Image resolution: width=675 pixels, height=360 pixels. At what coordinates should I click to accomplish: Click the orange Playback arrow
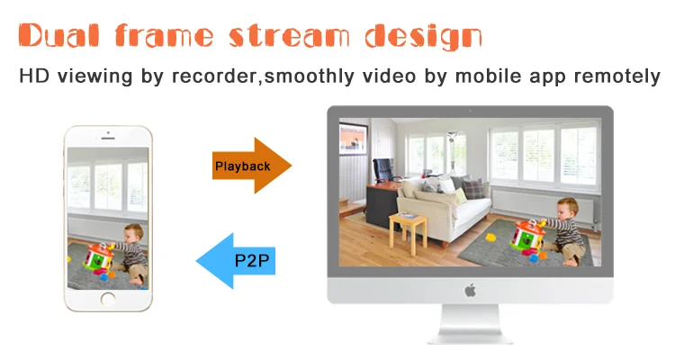[252, 166]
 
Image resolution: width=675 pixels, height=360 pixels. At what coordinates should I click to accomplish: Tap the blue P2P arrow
[236, 261]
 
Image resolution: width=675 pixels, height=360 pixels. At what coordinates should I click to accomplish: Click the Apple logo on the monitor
[470, 290]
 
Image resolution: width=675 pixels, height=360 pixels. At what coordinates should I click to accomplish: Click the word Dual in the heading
[59, 35]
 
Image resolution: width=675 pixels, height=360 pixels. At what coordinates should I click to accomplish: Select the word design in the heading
[423, 37]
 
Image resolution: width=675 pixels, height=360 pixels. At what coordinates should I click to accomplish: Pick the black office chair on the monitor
[386, 170]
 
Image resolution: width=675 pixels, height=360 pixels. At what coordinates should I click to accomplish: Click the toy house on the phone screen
[98, 256]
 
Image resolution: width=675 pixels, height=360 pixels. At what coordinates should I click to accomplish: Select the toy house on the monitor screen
[526, 237]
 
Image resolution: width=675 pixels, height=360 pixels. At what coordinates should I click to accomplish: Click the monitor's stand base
[470, 337]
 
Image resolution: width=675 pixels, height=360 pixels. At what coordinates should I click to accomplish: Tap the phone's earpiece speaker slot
[108, 139]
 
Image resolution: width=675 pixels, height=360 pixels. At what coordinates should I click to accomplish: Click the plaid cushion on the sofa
[473, 189]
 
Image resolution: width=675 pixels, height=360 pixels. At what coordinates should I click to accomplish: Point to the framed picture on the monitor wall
[353, 139]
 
